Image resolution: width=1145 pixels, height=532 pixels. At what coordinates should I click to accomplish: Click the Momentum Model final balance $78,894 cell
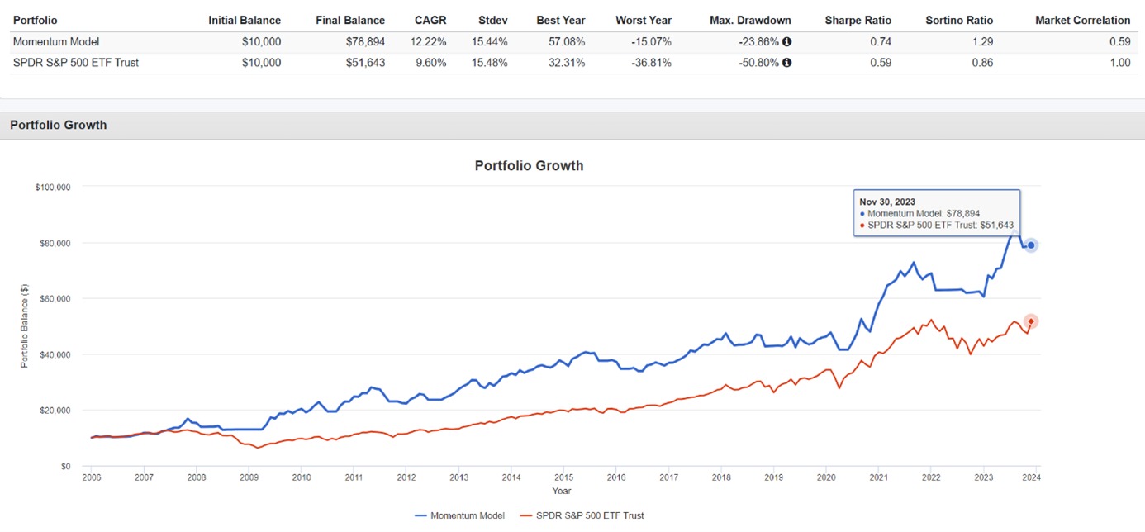(x=363, y=41)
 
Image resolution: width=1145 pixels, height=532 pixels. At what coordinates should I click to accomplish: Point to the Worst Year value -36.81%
(x=650, y=63)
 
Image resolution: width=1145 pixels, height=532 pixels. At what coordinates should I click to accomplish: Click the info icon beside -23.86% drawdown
(x=786, y=41)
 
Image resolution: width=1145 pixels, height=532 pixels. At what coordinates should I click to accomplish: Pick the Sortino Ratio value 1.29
(x=983, y=41)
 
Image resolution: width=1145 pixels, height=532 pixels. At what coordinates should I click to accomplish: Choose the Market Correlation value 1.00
(x=1120, y=63)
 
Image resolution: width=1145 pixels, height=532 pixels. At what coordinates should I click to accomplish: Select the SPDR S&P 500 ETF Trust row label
(x=76, y=63)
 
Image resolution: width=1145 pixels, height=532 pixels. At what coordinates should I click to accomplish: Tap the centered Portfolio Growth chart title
(x=529, y=165)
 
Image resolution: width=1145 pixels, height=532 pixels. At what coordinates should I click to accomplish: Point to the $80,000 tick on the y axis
(x=54, y=243)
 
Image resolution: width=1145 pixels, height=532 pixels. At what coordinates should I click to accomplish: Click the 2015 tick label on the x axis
(x=563, y=477)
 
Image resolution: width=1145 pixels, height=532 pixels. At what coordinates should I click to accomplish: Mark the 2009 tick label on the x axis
(x=249, y=477)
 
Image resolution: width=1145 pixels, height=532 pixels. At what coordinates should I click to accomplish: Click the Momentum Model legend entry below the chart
(x=460, y=515)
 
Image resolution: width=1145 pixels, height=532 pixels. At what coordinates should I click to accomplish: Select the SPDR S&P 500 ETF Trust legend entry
(x=583, y=515)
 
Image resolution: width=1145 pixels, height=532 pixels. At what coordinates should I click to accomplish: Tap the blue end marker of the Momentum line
(x=1031, y=245)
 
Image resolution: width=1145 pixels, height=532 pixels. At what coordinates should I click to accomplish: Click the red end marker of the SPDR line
(x=1031, y=321)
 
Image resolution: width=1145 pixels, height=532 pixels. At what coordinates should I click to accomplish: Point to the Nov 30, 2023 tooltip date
(x=886, y=202)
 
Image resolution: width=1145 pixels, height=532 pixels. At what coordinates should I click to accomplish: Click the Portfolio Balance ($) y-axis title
(x=24, y=325)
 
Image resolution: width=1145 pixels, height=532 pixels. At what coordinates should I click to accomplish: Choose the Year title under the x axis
(x=562, y=491)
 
